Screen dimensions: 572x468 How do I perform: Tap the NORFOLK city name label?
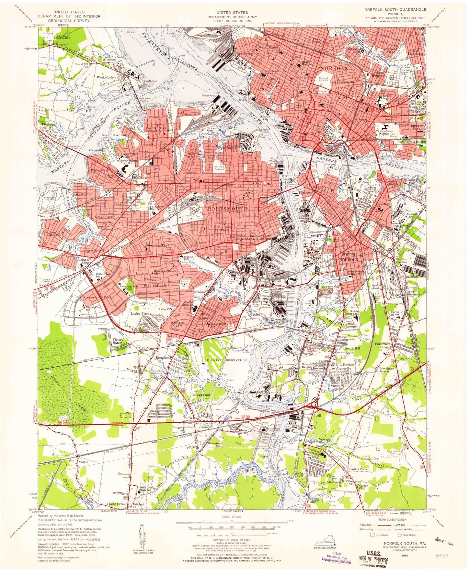(x=334, y=69)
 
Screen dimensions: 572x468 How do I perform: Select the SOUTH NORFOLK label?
(x=350, y=257)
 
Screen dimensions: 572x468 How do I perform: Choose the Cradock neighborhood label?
(x=204, y=318)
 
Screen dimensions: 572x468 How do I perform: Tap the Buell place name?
(x=317, y=416)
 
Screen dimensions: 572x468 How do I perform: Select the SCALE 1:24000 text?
(x=231, y=517)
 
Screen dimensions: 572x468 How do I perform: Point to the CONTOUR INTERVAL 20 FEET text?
(x=231, y=540)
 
